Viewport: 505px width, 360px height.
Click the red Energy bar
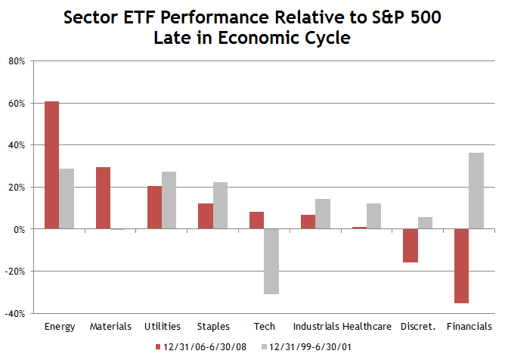point(51,165)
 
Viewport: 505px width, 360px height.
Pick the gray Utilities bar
point(169,200)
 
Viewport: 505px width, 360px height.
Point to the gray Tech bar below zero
point(271,261)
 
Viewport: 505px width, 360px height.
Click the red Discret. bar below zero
point(411,245)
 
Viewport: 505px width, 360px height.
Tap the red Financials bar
point(462,265)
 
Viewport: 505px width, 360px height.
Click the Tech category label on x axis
point(264,327)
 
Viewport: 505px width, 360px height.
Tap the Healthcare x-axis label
point(367,327)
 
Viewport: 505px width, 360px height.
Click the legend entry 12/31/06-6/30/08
point(199,346)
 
